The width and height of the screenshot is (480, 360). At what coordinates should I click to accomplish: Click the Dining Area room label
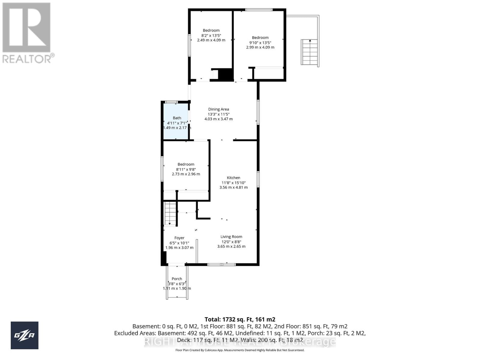(218, 109)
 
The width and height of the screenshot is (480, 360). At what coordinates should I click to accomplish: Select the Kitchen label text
(233, 178)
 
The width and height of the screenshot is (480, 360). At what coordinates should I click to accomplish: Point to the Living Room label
(231, 237)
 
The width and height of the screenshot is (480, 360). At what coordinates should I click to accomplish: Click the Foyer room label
(179, 238)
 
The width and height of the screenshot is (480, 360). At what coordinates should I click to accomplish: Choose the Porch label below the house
(177, 279)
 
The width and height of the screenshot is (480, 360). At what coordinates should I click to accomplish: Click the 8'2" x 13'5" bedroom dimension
(211, 35)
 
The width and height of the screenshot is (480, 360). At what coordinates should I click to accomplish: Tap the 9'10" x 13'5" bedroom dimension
(260, 42)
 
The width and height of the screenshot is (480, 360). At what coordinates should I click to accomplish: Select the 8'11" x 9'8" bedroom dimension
(186, 169)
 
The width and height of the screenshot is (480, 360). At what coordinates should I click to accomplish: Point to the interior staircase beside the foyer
(170, 214)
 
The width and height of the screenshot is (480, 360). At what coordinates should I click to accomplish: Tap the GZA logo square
(25, 335)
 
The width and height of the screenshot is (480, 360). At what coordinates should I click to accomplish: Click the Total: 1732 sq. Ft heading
(240, 319)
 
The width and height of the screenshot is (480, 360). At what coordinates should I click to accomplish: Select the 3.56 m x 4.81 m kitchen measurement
(233, 187)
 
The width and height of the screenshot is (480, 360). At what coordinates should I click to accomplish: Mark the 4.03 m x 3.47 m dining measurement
(218, 119)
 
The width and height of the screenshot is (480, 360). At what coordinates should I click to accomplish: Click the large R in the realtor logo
(26, 27)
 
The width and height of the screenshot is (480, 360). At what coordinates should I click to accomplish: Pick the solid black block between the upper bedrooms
(225, 74)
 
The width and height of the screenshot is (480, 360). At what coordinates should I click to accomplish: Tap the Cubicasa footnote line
(240, 350)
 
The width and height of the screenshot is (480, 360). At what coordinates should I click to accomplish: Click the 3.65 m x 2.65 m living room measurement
(231, 247)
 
